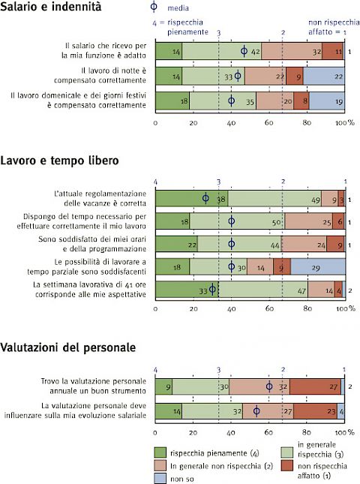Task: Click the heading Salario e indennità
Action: click(x=50, y=7)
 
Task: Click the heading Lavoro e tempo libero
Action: click(x=59, y=161)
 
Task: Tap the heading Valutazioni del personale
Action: click(x=67, y=347)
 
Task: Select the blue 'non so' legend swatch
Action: click(x=160, y=478)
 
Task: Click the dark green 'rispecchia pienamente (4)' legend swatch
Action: click(x=160, y=452)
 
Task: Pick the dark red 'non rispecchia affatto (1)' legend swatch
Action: click(x=287, y=465)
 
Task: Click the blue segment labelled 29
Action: click(x=318, y=267)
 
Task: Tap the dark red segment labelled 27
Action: click(x=315, y=386)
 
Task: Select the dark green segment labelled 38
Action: click(x=191, y=199)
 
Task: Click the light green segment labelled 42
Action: click(x=222, y=51)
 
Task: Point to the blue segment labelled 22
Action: click(x=324, y=77)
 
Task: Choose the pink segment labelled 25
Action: click(x=309, y=221)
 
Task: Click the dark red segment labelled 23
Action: click(x=315, y=411)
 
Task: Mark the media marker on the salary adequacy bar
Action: click(x=244, y=51)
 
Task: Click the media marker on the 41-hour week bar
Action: click(x=212, y=290)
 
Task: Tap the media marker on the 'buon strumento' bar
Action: click(x=269, y=386)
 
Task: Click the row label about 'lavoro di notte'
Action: click(x=100, y=76)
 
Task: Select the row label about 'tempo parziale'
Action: click(x=87, y=267)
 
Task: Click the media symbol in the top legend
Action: click(x=154, y=7)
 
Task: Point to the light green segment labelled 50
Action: click(x=237, y=221)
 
